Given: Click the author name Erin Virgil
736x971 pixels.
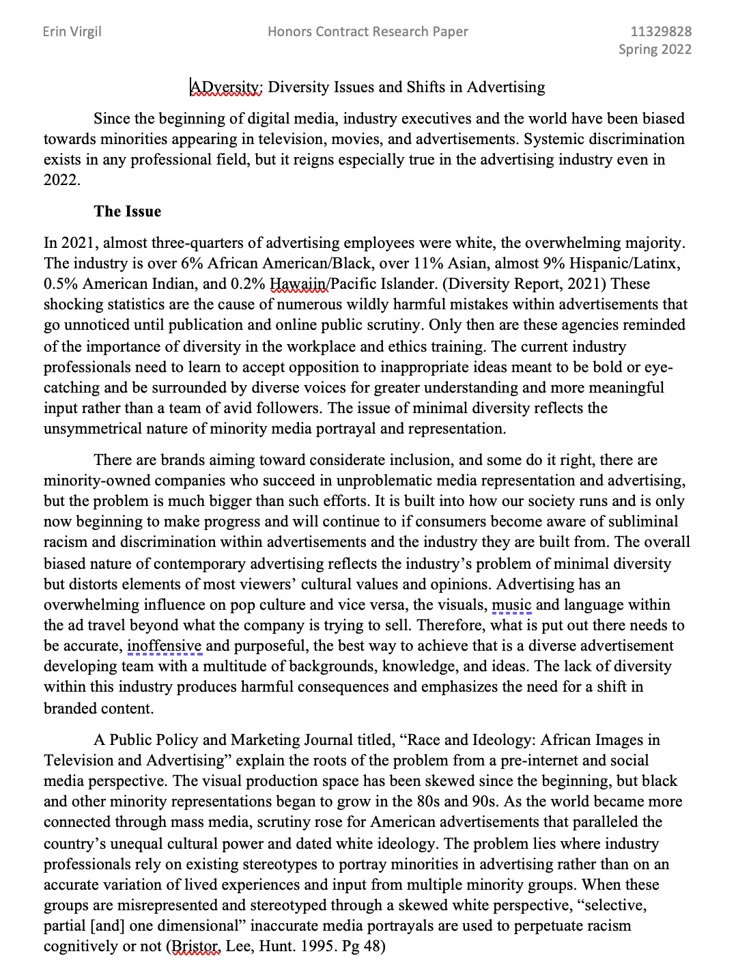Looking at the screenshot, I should (72, 31).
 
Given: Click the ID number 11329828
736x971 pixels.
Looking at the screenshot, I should (660, 31).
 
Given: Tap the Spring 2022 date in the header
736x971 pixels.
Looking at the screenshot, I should (654, 49).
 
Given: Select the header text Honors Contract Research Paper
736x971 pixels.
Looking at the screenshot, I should (367, 31).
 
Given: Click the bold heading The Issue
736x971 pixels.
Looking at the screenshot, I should (128, 211).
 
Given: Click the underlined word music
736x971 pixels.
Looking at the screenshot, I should (511, 605).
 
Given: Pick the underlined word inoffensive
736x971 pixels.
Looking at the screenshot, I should (165, 646).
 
